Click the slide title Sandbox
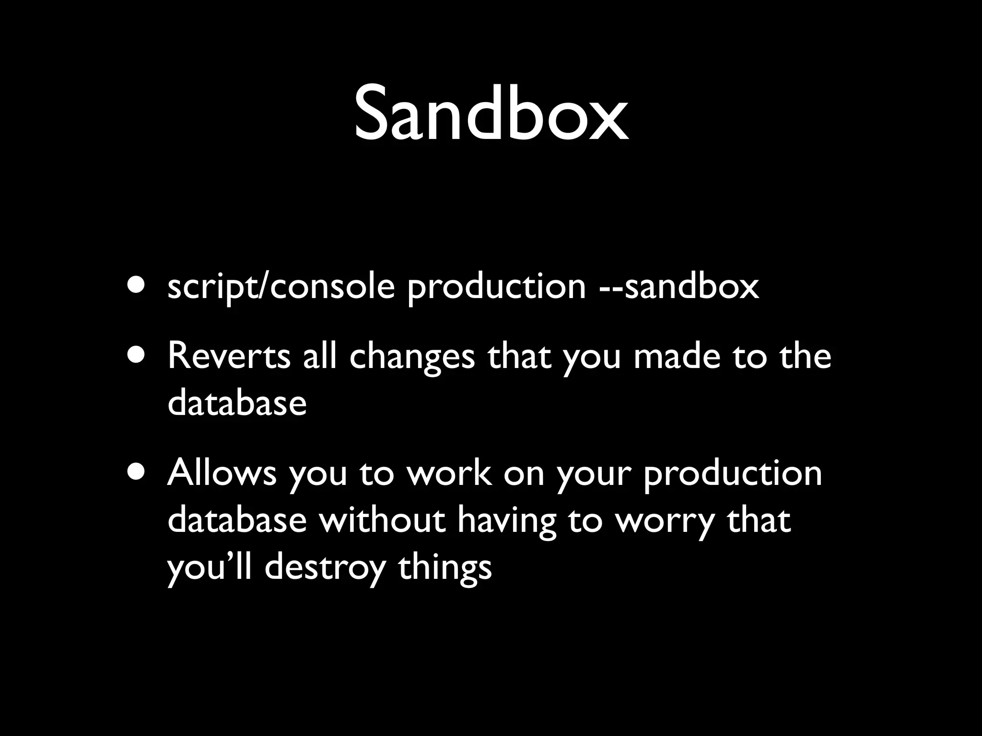[491, 114]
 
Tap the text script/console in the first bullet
[281, 287]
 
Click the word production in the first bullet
[497, 288]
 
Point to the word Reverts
[229, 356]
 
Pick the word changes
[412, 357]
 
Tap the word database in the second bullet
[237, 402]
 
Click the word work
[449, 473]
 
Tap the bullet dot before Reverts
[138, 355]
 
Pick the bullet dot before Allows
[138, 471]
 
